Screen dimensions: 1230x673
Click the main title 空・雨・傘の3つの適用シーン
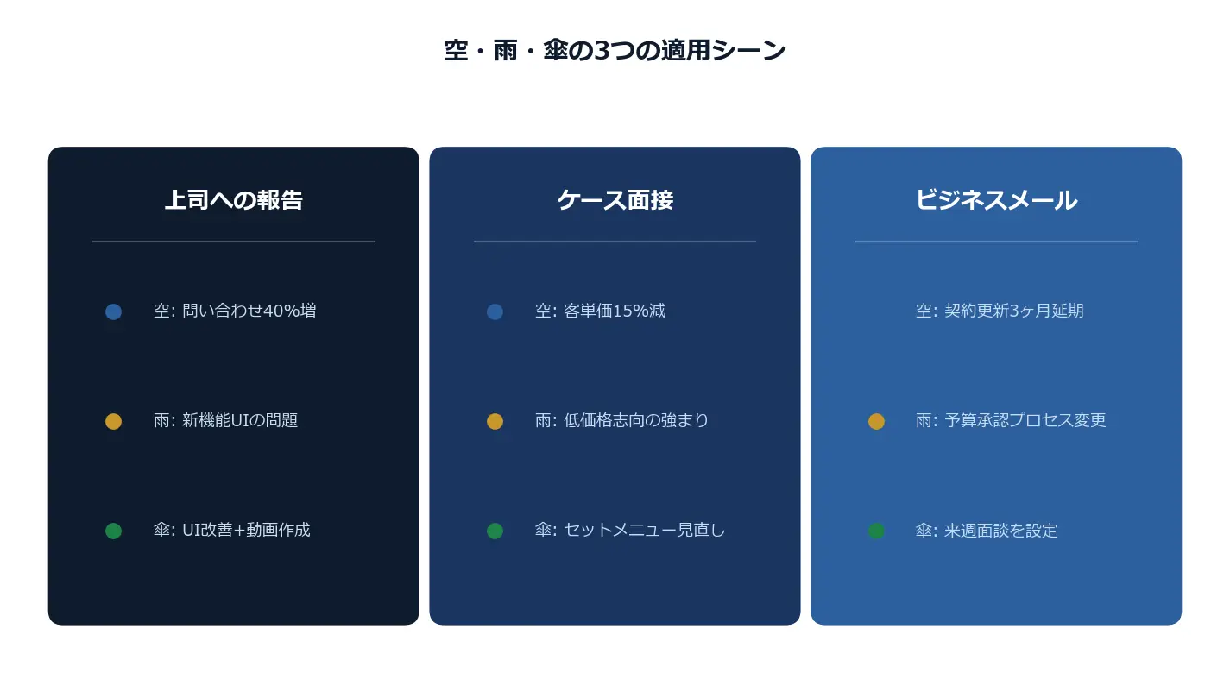click(x=615, y=51)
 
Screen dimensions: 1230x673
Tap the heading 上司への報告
click(x=233, y=200)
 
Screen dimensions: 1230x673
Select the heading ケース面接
click(x=615, y=200)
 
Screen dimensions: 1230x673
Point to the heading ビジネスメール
click(x=996, y=200)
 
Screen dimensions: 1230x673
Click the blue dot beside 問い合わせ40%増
click(x=114, y=311)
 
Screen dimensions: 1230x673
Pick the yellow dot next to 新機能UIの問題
click(x=114, y=421)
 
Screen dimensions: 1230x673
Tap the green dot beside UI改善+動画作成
click(x=114, y=531)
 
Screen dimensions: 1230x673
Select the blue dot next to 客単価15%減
click(x=495, y=311)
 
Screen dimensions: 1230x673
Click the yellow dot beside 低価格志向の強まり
click(x=495, y=421)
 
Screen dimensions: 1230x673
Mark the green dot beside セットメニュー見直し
click(x=495, y=531)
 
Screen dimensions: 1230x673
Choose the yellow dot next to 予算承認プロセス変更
click(x=876, y=421)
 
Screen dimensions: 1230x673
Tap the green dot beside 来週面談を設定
click(x=876, y=531)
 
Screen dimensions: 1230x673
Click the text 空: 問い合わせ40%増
click(x=235, y=311)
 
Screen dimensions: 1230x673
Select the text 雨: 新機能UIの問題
click(x=225, y=420)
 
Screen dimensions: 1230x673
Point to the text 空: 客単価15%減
click(x=600, y=311)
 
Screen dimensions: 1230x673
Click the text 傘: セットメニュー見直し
click(x=630, y=530)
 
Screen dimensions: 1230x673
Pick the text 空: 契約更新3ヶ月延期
click(x=1000, y=311)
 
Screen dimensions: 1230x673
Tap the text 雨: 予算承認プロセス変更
click(x=1011, y=420)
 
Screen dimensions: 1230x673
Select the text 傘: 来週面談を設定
click(x=987, y=531)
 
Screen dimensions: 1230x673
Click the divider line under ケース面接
click(x=615, y=242)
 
